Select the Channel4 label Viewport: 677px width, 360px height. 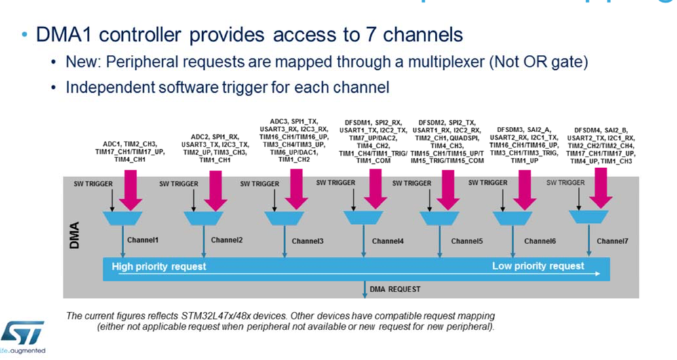[x=388, y=241]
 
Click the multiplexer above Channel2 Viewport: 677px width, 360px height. [x=201, y=218]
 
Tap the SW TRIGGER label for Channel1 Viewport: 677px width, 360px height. [x=94, y=183]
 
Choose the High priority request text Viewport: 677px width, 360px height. [x=159, y=266]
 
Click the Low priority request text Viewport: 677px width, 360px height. [x=538, y=266]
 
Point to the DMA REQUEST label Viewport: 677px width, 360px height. [x=395, y=289]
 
